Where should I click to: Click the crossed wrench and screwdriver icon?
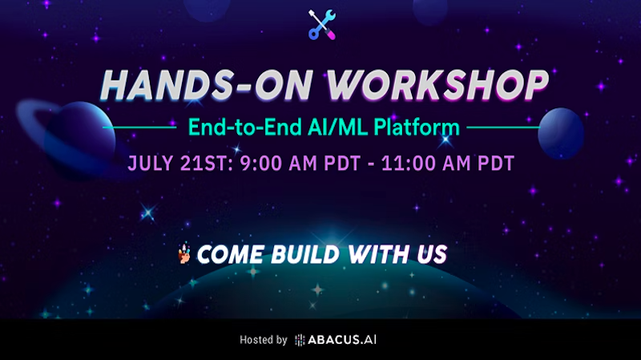pos(322,25)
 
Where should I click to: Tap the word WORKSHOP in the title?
pos(437,85)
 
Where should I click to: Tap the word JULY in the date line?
pos(151,164)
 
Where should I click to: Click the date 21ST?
pos(207,164)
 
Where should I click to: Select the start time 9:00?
pos(261,164)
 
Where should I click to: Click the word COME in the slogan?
pos(230,254)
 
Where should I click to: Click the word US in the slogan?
pos(432,254)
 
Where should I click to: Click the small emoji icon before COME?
pos(184,253)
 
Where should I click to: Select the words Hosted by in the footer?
pos(264,340)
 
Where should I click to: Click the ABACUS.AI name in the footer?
pos(342,339)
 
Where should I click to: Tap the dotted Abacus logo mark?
pos(300,340)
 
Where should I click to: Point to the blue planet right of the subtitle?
pos(560,133)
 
